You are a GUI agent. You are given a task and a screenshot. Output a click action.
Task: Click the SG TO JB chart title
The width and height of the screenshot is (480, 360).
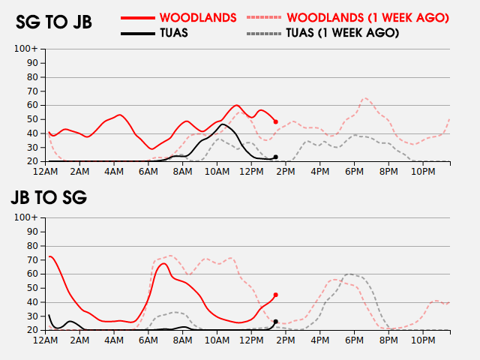point(54,22)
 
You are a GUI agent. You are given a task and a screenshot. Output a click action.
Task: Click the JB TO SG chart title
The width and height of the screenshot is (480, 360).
point(49,198)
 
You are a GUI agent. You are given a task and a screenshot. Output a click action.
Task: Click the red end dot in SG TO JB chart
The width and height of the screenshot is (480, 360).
point(275,121)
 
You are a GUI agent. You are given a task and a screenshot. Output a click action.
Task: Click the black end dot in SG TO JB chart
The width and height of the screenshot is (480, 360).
point(275,157)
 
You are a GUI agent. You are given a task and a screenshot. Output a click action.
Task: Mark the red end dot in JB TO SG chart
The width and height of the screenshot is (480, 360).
point(275,295)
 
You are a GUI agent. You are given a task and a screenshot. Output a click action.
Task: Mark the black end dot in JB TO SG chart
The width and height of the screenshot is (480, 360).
point(275,322)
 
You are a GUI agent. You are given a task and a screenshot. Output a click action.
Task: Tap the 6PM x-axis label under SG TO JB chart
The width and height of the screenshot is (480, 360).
point(355,172)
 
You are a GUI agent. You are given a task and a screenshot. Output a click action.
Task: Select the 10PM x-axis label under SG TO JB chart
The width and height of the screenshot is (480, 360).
point(423,172)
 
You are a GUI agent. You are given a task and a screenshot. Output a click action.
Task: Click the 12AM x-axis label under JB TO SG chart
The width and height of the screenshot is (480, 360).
point(46,340)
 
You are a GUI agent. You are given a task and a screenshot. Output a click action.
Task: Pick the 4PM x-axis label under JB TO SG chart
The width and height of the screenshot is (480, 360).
point(320,340)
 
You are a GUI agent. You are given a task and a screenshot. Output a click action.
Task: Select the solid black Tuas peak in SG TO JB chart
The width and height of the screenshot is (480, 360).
point(223,124)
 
